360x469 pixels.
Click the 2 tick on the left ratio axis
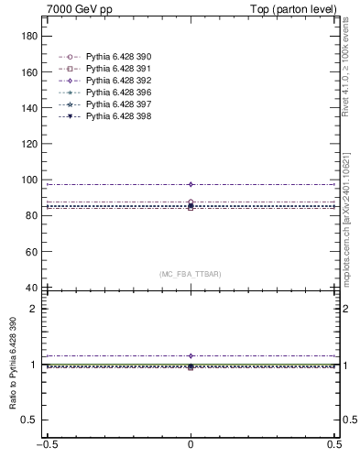point(38,309)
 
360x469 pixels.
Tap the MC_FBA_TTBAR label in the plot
point(191,274)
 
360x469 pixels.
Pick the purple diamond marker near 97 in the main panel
point(191,184)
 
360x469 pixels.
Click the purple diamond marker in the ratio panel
point(191,355)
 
